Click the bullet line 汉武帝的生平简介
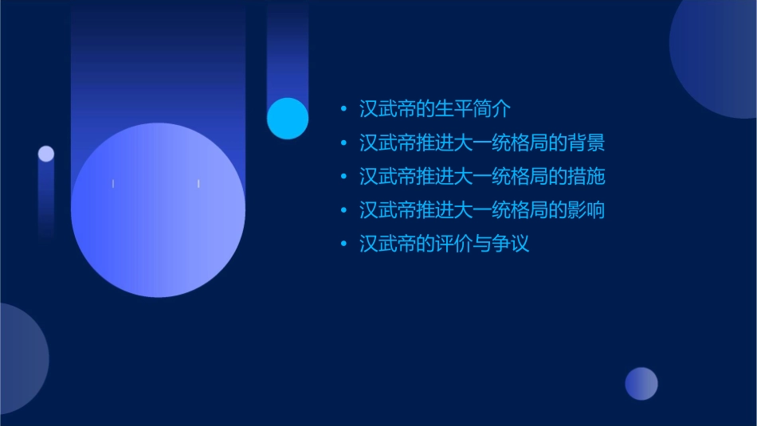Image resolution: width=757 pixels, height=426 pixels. (x=434, y=109)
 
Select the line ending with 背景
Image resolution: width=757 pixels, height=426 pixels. (x=482, y=143)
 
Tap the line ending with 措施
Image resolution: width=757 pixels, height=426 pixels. (x=482, y=177)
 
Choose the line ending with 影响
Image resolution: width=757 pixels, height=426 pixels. (x=482, y=210)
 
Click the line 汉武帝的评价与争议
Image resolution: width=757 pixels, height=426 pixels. (x=444, y=244)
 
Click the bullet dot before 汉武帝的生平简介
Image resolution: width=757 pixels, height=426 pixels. (x=343, y=109)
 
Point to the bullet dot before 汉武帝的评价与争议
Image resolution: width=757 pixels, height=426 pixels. (x=343, y=244)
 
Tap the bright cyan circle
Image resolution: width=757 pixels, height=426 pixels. (x=288, y=118)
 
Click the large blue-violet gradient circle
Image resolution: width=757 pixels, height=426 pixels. (x=158, y=210)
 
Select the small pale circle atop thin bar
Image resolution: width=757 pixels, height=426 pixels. (x=46, y=154)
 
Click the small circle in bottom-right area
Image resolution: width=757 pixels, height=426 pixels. (x=641, y=383)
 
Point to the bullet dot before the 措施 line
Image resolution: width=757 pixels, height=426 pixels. (x=343, y=177)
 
